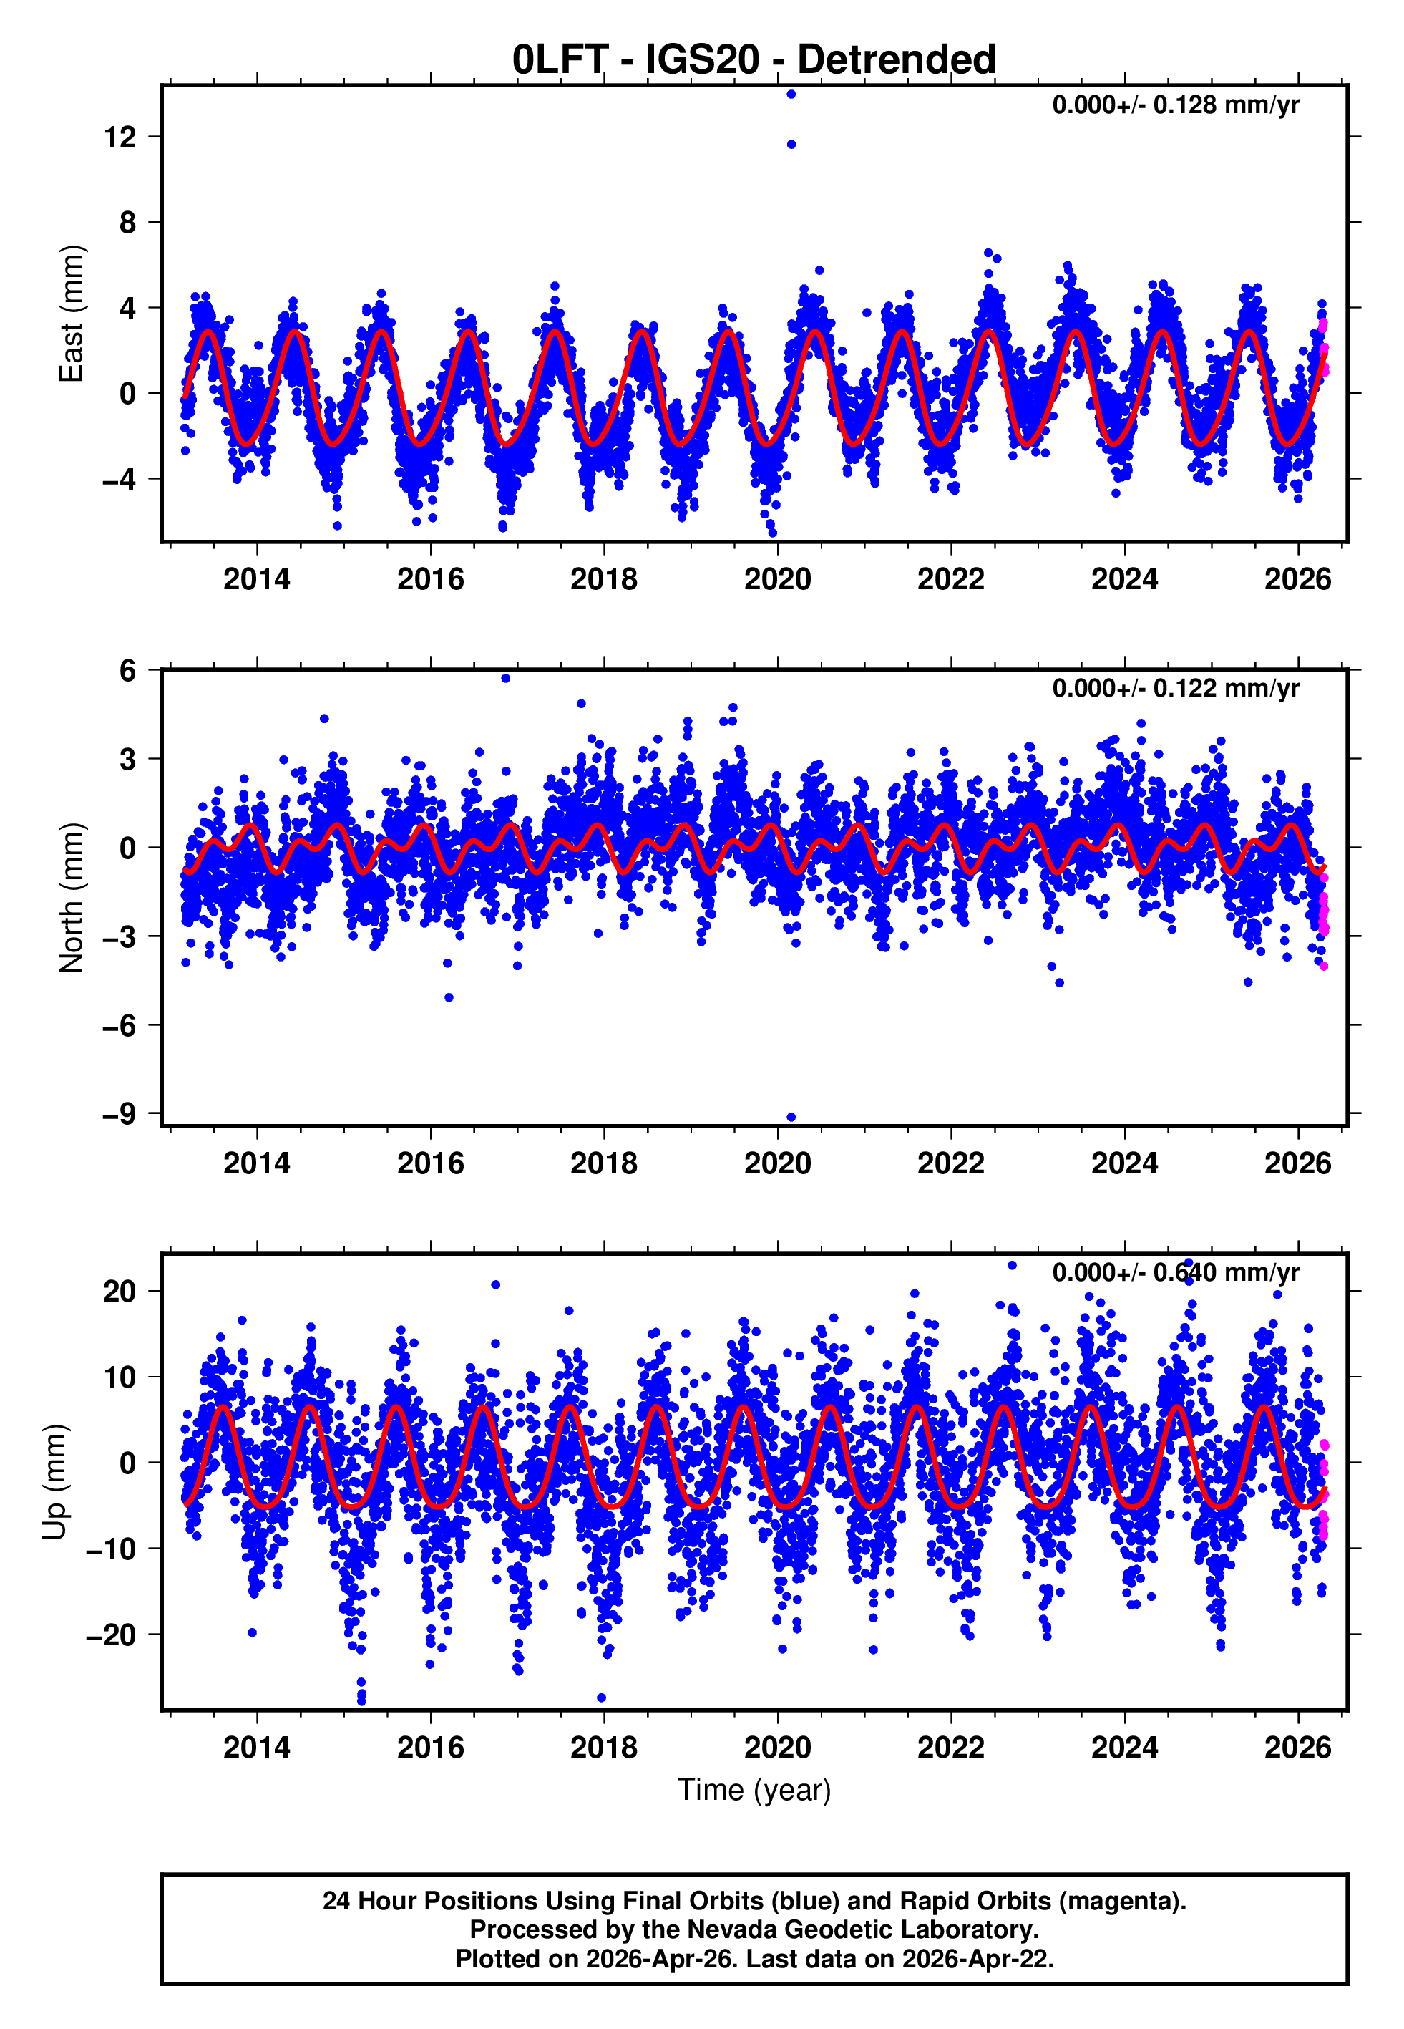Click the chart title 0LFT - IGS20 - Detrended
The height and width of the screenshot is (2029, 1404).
[x=754, y=60]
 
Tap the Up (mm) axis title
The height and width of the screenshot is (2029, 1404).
[x=54, y=1483]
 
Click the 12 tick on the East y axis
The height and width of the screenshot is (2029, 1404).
[x=120, y=137]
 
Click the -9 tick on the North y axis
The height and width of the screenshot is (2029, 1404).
[x=120, y=1114]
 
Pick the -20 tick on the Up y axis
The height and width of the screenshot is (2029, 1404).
[x=111, y=1635]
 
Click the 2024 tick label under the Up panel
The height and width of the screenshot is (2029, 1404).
[x=1124, y=1748]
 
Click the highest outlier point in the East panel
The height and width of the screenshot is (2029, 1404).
[x=791, y=94]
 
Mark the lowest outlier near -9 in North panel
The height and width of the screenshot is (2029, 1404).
[x=791, y=1118]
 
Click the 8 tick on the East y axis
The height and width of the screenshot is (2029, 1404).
[x=128, y=223]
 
